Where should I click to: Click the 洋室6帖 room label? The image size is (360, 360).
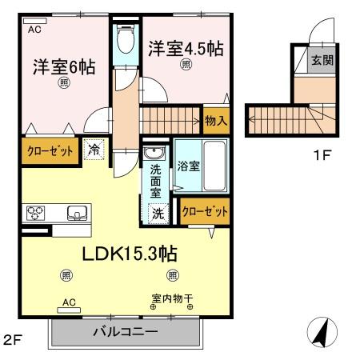coord(64,67)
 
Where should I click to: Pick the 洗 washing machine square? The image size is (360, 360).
coord(158,214)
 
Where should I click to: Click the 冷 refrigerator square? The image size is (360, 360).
coord(94,149)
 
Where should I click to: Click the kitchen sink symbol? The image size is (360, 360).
coord(77,213)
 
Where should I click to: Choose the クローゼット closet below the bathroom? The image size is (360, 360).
coord(205,211)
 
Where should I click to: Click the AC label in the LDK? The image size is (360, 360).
coord(69,302)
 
